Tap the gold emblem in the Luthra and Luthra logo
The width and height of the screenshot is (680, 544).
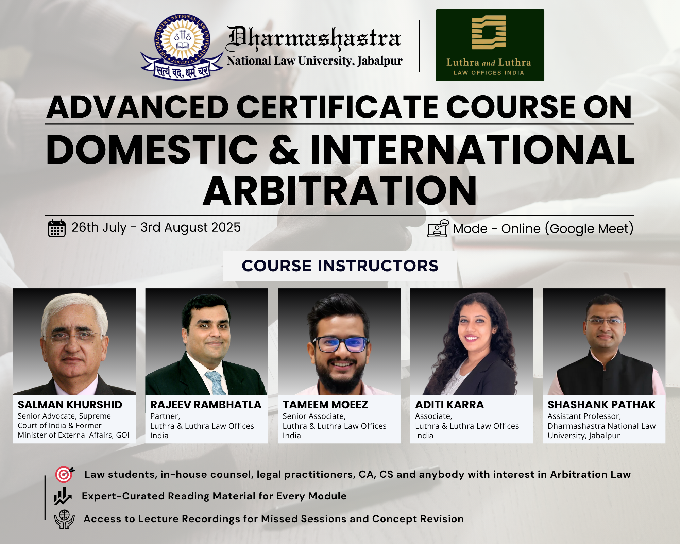[x=489, y=32]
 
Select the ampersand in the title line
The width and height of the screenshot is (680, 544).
[x=284, y=150]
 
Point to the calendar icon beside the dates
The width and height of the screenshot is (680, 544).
[x=56, y=228]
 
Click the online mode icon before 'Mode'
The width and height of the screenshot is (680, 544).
[x=438, y=228]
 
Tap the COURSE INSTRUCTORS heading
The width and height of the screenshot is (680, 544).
[x=340, y=266]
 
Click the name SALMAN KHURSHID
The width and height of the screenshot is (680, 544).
[x=70, y=405]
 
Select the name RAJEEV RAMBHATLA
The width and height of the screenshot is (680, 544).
[x=206, y=405]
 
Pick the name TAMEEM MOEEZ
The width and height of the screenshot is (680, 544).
[x=325, y=405]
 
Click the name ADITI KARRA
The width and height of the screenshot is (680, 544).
[x=449, y=405]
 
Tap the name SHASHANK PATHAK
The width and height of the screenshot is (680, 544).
[x=601, y=405]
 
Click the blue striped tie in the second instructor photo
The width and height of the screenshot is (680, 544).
[x=216, y=383]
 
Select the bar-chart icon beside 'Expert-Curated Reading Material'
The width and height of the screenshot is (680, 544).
[x=62, y=496]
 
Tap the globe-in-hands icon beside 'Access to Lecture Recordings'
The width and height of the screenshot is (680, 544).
[x=64, y=519]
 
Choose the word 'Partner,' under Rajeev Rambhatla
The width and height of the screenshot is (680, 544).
[x=165, y=416]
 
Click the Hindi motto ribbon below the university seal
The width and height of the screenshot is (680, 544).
[x=182, y=69]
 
